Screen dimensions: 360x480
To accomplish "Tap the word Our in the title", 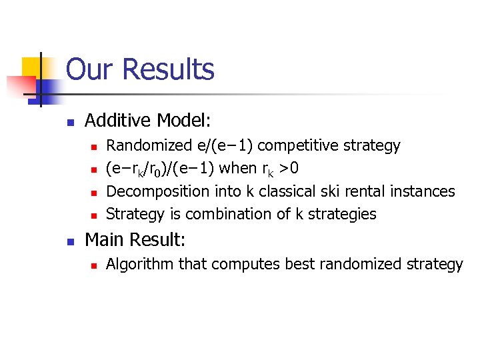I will (x=92, y=69).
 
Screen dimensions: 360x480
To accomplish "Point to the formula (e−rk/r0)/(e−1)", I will (x=161, y=168).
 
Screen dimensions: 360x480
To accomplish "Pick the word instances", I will (x=425, y=191).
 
